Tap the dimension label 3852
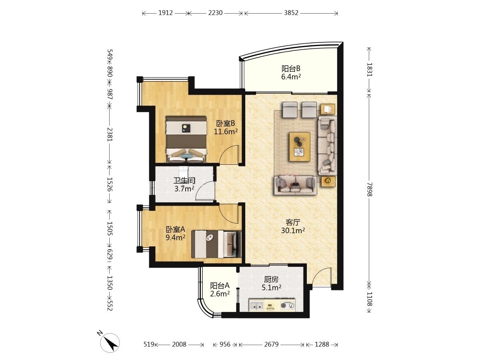[x=291, y=13]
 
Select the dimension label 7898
[x=369, y=189]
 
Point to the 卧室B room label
[x=226, y=124]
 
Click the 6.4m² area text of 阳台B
[x=291, y=77]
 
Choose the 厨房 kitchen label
[x=271, y=279]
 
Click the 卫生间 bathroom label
[x=184, y=180]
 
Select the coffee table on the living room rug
[x=300, y=146]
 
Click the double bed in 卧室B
[x=186, y=139]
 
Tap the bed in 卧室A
[x=216, y=244]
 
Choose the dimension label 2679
[x=271, y=344]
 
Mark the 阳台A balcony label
[x=220, y=286]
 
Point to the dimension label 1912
[x=166, y=13]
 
